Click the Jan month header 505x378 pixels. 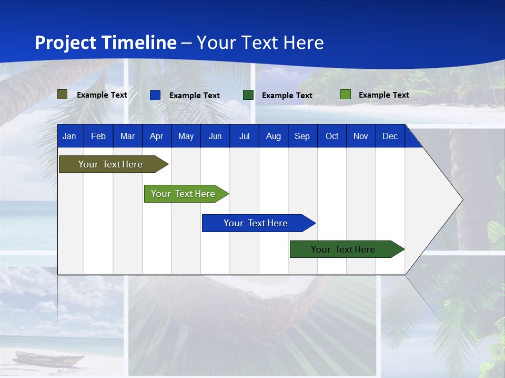click(69, 136)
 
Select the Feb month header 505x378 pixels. click(98, 136)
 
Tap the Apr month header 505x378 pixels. click(156, 136)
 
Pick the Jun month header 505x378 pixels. click(215, 136)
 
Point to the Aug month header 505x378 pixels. click(273, 136)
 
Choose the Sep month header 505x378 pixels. click(302, 136)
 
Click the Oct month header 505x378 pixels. click(332, 136)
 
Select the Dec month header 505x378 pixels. click(390, 136)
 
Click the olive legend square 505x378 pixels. click(63, 94)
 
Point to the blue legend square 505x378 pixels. click(155, 95)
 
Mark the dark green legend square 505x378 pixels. click(248, 95)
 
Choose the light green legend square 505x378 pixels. click(346, 94)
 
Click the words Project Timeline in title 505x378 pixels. click(106, 43)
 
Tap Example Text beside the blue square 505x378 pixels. click(194, 96)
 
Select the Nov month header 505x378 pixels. click(361, 136)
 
